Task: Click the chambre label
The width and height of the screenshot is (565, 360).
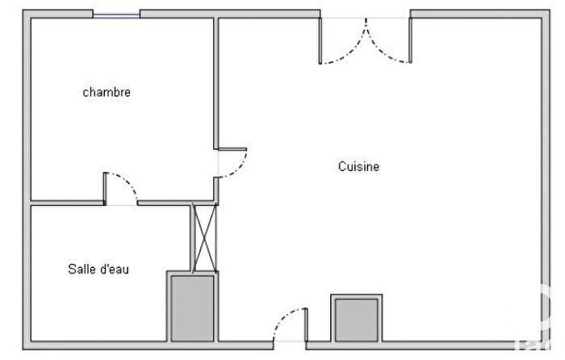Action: pos(107,92)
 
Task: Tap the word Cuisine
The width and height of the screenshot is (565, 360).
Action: pos(358,167)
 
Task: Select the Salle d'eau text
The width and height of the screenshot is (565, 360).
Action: pos(98,270)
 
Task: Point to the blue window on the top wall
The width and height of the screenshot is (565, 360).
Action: pos(116,13)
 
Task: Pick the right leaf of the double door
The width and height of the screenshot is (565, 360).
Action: pos(390,44)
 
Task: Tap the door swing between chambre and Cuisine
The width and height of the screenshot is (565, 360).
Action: pos(234,165)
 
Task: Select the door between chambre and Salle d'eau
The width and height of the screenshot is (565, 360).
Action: pos(122,186)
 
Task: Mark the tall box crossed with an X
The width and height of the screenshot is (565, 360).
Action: pos(203,237)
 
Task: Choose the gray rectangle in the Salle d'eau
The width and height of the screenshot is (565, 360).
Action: pos(191,308)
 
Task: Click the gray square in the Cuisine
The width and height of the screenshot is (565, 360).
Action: pos(355,319)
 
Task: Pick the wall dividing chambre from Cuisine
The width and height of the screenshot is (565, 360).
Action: pos(216,81)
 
